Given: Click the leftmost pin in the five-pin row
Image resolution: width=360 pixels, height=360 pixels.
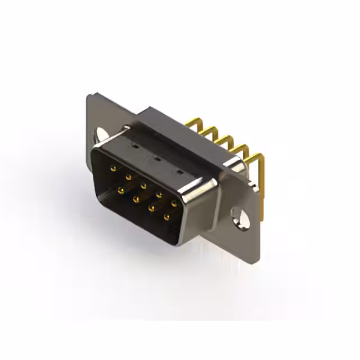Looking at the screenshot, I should [x=113, y=168].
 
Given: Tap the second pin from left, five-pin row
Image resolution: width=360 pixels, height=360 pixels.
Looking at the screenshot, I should [x=128, y=177].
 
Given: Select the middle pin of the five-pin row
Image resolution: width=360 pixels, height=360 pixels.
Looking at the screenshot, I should [x=143, y=185].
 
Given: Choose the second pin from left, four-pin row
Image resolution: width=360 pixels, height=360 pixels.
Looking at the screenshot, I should [x=135, y=199].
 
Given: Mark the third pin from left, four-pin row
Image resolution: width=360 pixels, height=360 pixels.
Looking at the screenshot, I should [x=150, y=208].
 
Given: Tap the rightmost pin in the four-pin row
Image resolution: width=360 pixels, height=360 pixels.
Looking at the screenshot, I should [x=166, y=217].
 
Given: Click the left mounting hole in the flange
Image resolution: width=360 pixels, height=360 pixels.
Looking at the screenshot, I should [x=101, y=135].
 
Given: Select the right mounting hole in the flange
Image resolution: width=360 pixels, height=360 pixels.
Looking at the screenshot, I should [x=240, y=217].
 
